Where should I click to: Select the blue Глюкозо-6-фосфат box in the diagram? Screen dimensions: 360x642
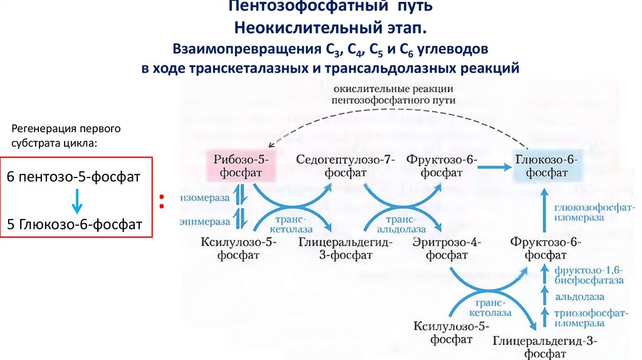[547, 166]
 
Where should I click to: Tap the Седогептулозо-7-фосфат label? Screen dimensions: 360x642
[345, 166]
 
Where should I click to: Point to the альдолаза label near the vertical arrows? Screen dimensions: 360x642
[582, 297]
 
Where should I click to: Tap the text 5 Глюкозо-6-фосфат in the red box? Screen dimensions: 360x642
[74, 224]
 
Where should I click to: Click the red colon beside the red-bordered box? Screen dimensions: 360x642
[161, 201]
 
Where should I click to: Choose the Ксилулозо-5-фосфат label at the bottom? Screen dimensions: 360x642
[451, 332]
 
